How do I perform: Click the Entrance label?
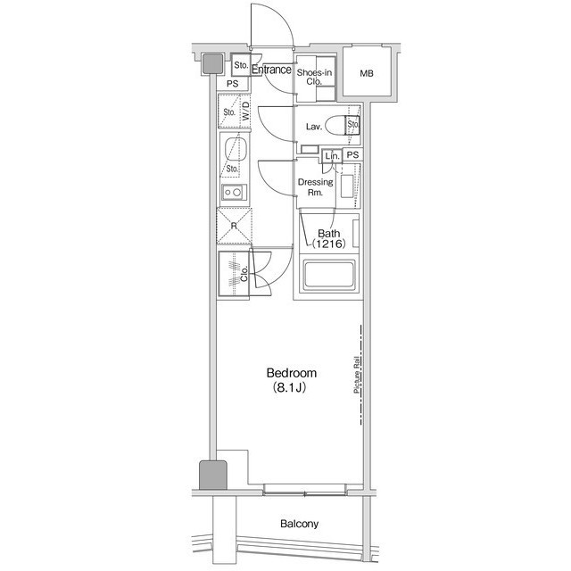click(x=272, y=70)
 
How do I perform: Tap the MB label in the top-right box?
click(x=368, y=73)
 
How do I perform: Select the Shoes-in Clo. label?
click(x=316, y=77)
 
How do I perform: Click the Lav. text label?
click(x=313, y=127)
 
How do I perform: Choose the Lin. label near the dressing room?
click(x=332, y=155)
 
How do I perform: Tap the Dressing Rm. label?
click(x=315, y=187)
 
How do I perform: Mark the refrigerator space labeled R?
click(x=234, y=226)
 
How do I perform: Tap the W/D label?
click(x=244, y=112)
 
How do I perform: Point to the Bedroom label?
click(x=292, y=373)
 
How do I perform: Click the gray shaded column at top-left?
click(x=211, y=63)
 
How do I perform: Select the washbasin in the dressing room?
click(x=349, y=188)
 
